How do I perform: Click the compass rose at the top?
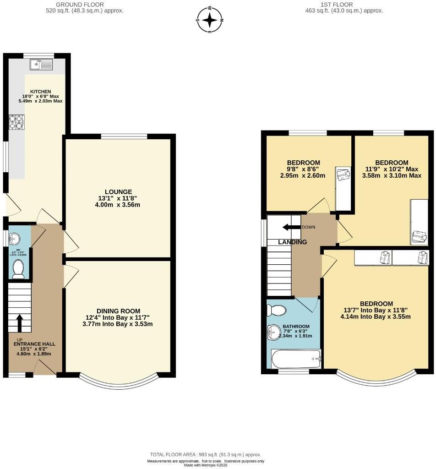(210, 20)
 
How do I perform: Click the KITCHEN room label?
(40, 92)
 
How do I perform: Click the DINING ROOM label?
(118, 311)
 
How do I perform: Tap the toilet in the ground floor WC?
(18, 269)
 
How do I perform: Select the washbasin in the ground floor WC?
(15, 239)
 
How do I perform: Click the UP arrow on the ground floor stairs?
(20, 322)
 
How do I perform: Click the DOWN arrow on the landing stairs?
(290, 227)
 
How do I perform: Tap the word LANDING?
(292, 242)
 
